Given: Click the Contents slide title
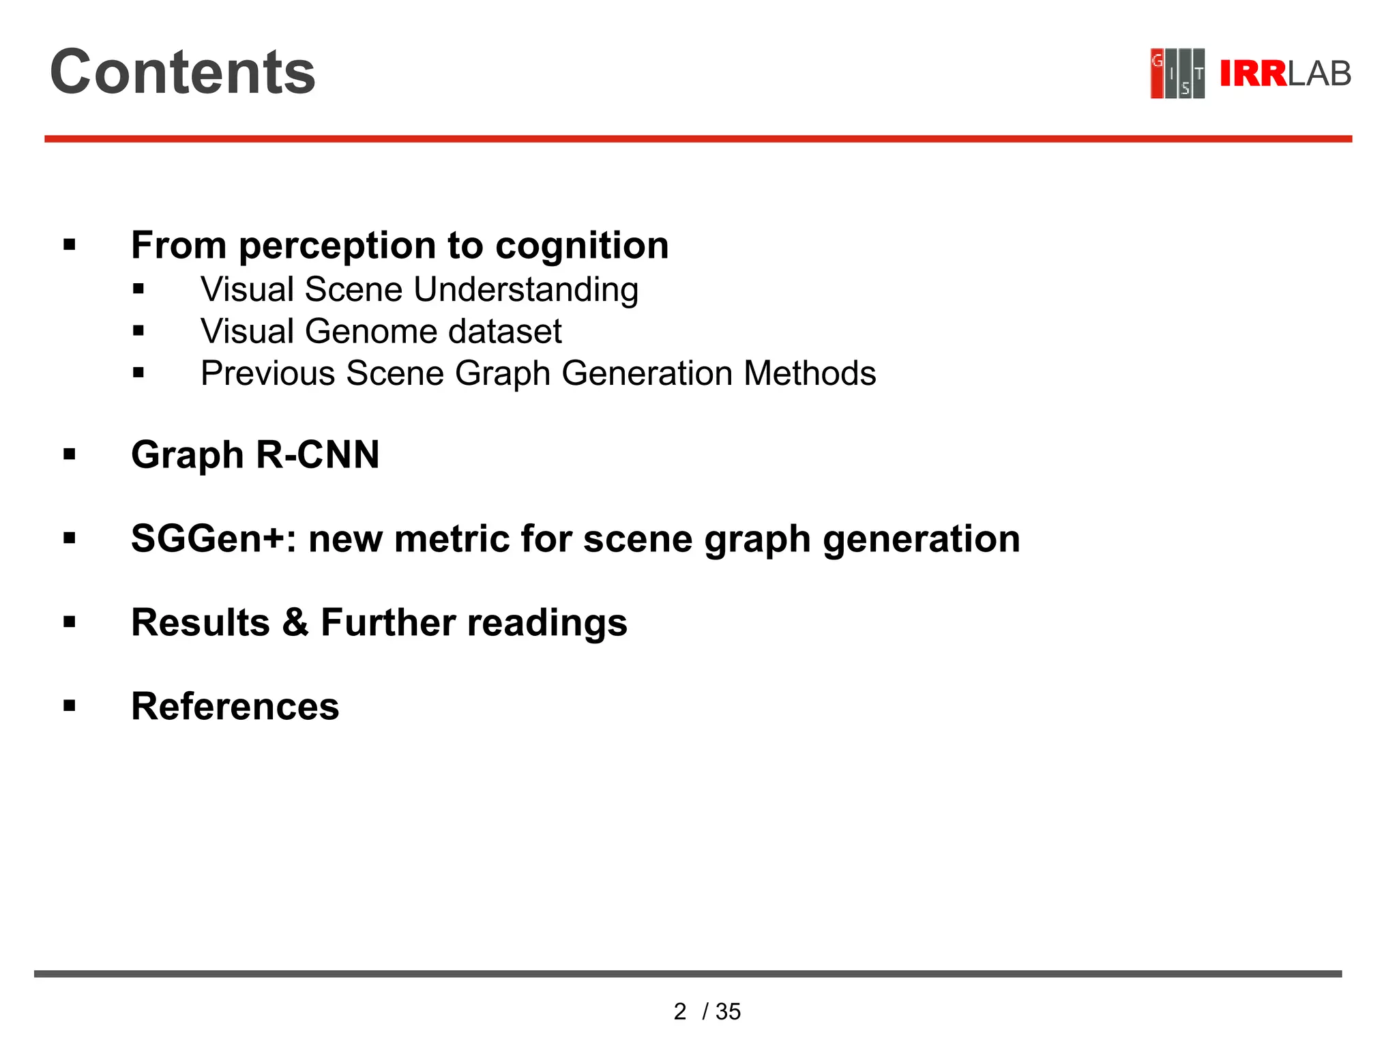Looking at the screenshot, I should (182, 72).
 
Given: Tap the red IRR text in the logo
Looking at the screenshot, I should (1252, 74).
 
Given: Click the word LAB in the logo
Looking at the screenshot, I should (1319, 74).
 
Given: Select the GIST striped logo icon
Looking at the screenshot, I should (1177, 73).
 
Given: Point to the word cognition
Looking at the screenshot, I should (582, 245).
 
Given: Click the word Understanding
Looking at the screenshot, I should (526, 290).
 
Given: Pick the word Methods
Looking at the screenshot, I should (810, 373).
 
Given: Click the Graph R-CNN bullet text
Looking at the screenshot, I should (255, 454).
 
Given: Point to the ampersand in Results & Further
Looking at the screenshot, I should (295, 622).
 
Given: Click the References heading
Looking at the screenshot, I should (235, 706).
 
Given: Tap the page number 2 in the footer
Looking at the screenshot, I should (679, 1011).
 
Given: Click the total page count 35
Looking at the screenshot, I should (729, 1011).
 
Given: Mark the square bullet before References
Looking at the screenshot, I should (70, 705).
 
